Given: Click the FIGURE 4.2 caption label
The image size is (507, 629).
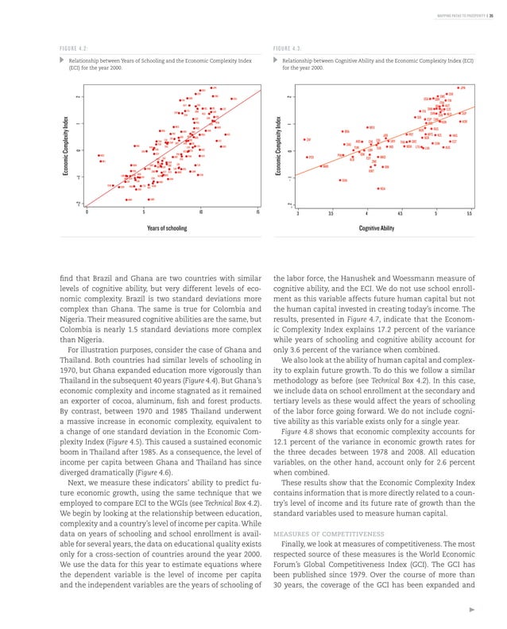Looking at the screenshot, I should click(x=76, y=47).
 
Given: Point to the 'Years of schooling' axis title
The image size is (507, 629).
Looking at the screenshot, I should click(x=167, y=227).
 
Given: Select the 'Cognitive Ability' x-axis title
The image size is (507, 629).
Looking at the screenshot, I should click(x=377, y=227).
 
